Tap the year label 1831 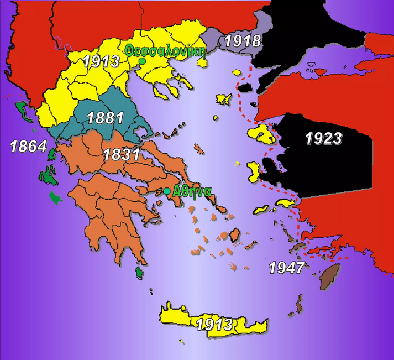pos(121,154)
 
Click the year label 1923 pos(324,138)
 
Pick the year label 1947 pos(287,268)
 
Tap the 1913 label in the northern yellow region pos(102,61)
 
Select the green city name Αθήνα pos(191,191)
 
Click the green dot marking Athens pos(167,191)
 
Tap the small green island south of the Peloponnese pos(139,272)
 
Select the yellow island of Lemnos pos(224,99)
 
